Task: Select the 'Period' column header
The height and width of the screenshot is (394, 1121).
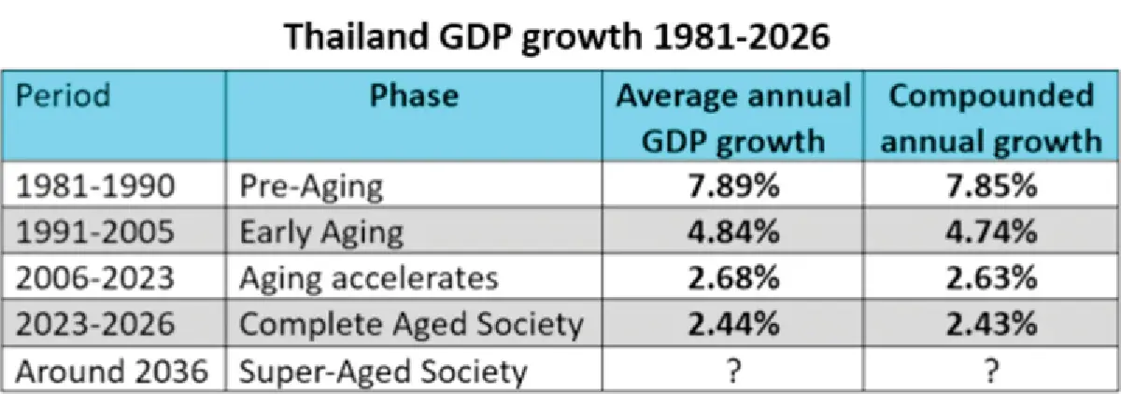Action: point(64,95)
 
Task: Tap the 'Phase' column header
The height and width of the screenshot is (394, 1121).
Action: point(414,95)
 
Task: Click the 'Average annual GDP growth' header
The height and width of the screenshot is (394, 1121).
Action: point(733,118)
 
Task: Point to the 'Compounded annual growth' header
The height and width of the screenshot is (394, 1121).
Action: point(991,118)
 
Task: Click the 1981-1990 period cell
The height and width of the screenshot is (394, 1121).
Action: point(95,186)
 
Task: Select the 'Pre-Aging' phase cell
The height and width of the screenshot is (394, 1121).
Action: point(311,187)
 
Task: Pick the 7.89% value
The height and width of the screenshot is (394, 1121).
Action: point(733,186)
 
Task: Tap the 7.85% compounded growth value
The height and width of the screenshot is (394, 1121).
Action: point(991,186)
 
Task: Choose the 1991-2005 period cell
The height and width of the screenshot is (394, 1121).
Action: point(95,232)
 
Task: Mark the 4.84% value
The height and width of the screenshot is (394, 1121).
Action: point(733,232)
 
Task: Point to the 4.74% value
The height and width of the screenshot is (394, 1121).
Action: point(991,232)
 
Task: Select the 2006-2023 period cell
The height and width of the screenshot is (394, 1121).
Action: point(95,278)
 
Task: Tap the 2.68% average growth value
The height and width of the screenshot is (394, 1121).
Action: point(733,278)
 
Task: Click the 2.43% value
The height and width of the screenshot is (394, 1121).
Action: point(991,324)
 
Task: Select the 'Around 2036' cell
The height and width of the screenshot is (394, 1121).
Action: point(111,371)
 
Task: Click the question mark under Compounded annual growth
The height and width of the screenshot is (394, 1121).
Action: point(991,371)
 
